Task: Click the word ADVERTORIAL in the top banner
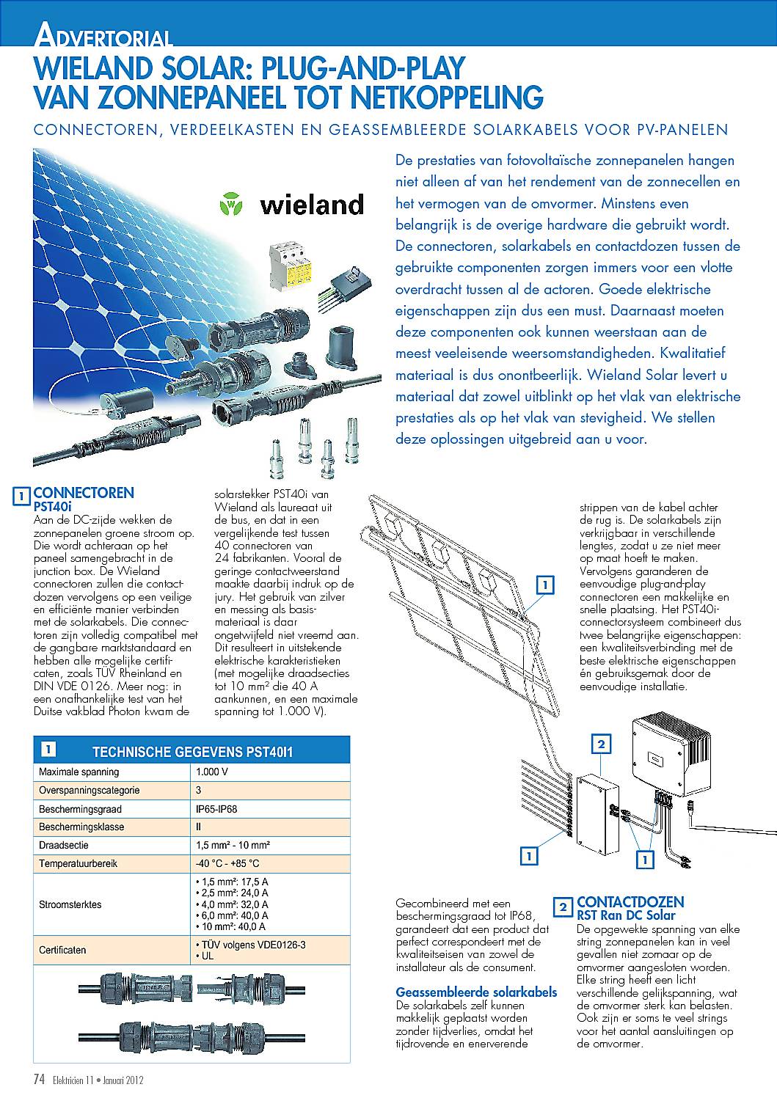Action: tap(104, 35)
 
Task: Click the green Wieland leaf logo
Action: tap(231, 204)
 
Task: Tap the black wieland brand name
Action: tap(312, 205)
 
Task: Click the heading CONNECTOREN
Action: tap(84, 493)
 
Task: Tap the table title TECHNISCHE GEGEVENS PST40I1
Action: tap(193, 752)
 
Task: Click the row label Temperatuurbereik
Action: tap(78, 863)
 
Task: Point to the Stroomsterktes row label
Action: tap(70, 904)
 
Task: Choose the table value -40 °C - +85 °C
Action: tap(227, 863)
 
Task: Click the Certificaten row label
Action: tap(62, 950)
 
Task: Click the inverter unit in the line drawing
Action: tap(671, 757)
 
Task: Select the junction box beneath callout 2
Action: tap(597, 813)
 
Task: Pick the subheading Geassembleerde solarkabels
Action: tap(476, 992)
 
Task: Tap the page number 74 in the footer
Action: tap(39, 1080)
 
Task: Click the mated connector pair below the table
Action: tap(191, 1038)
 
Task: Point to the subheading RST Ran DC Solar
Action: tap(626, 915)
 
